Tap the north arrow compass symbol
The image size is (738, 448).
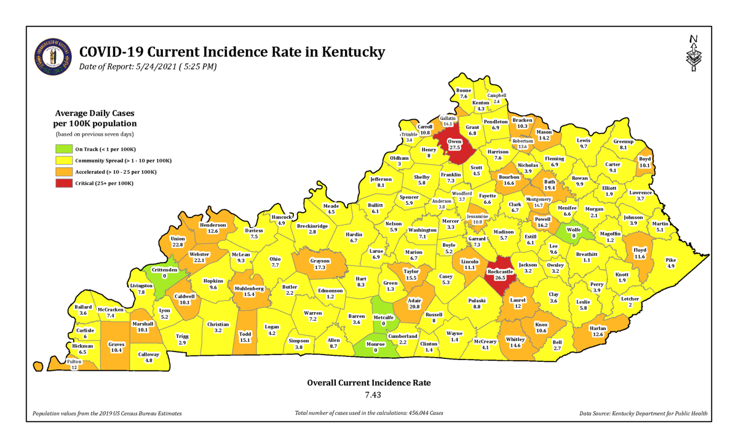point(694,53)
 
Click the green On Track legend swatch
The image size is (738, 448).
point(63,149)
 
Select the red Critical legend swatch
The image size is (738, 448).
point(63,183)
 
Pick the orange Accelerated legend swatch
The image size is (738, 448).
point(63,172)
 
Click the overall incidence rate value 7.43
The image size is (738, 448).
point(368,395)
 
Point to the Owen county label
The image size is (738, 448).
point(454,141)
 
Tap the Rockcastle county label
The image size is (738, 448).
point(499,271)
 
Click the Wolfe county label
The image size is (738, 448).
point(573,229)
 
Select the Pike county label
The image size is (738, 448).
point(671,260)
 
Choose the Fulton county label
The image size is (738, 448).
point(74,362)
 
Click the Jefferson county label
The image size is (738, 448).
point(381,179)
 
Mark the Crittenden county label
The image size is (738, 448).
point(164,270)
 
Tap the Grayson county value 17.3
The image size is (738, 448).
point(320,268)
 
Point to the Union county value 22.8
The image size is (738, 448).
point(178,245)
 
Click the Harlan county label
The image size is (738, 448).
point(598,328)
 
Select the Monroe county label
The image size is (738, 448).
point(375,344)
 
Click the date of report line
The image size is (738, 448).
point(148,66)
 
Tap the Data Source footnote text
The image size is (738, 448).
point(643,414)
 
